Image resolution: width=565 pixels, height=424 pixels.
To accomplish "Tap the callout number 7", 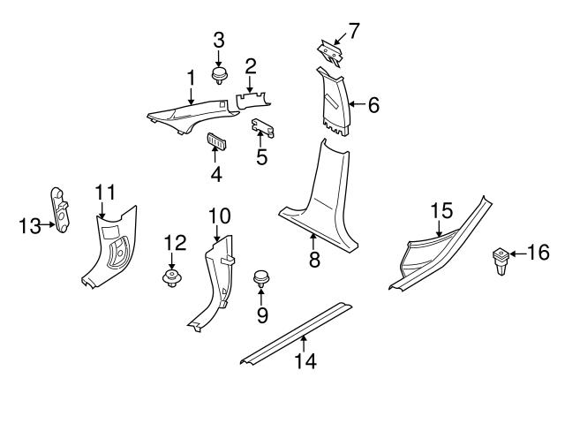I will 354,32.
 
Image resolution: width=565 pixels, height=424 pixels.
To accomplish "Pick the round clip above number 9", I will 261,278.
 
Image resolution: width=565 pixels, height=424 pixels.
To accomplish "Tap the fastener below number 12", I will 172,281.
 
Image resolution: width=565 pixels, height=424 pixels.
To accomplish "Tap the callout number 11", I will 105,192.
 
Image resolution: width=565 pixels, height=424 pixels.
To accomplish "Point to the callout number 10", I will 218,215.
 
